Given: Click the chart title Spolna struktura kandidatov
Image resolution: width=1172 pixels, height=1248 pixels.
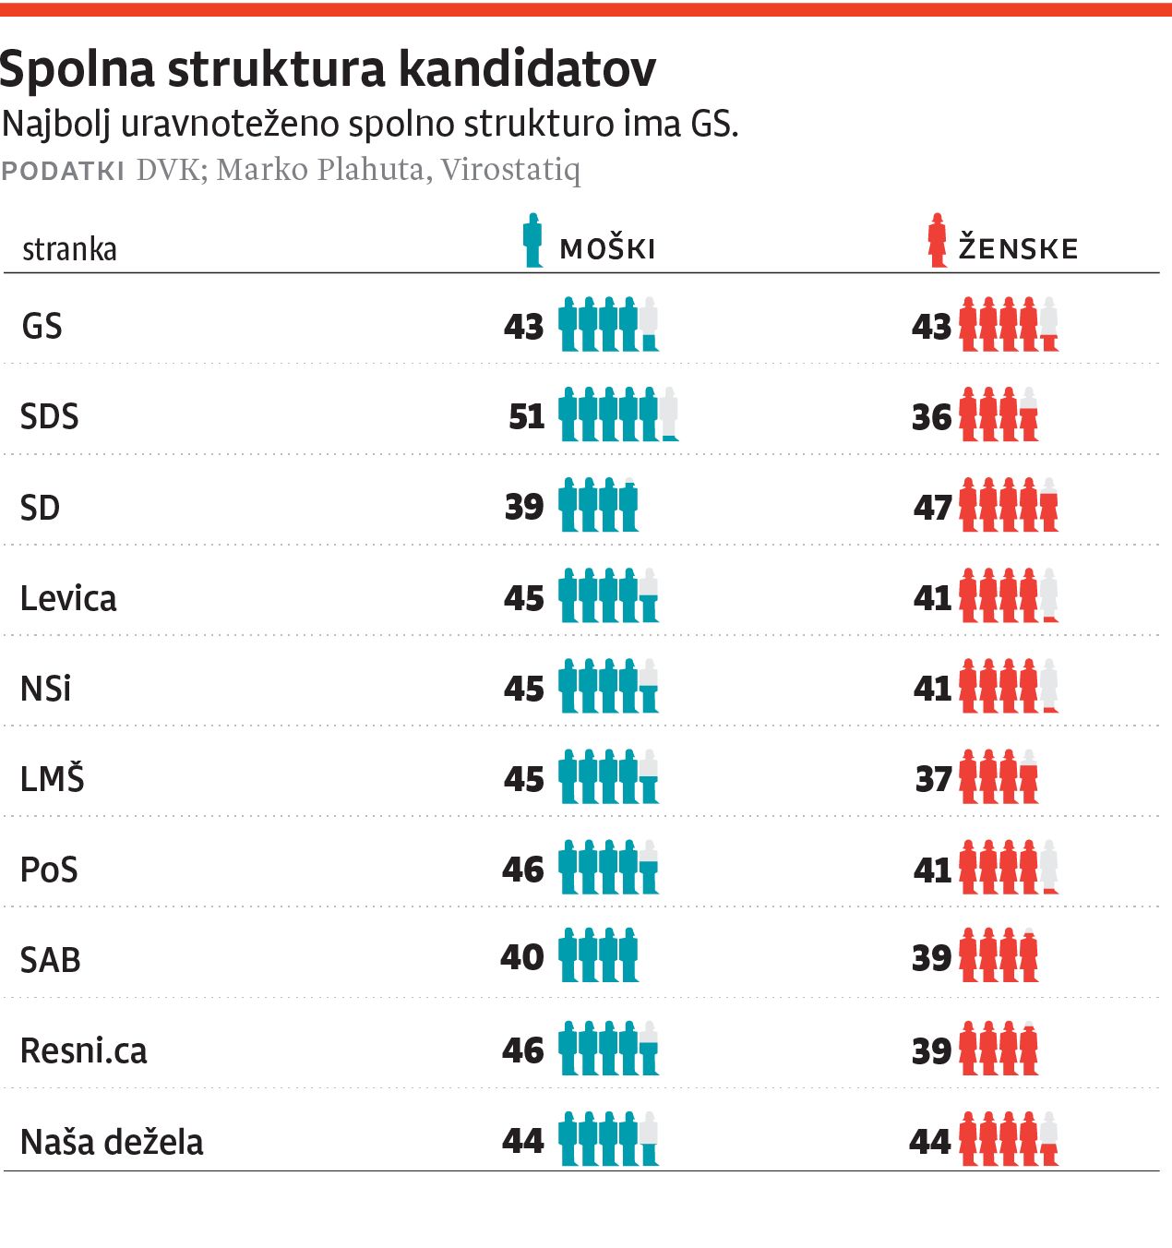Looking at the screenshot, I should pyautogui.click(x=329, y=68).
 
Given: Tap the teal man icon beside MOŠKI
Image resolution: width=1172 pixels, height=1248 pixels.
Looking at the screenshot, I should pyautogui.click(x=532, y=241).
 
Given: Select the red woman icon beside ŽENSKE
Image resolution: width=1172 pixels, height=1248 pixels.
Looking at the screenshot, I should pyautogui.click(x=938, y=241).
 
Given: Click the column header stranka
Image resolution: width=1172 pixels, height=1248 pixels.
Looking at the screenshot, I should pyautogui.click(x=69, y=249).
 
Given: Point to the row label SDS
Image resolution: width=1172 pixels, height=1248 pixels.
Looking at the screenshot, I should pyautogui.click(x=50, y=416).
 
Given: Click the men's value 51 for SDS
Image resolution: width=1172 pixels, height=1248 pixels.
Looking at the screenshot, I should pyautogui.click(x=527, y=416).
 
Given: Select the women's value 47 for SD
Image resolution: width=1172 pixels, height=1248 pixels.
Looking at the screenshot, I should pyautogui.click(x=932, y=507).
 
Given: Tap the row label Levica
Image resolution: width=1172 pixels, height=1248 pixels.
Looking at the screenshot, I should pyautogui.click(x=68, y=598).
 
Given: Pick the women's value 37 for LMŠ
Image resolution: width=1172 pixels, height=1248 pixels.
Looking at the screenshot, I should pyautogui.click(x=933, y=779).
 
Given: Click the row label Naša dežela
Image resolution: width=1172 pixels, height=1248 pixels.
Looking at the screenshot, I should pyautogui.click(x=112, y=1142).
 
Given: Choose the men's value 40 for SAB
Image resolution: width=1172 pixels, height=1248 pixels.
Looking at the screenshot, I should pyautogui.click(x=522, y=956).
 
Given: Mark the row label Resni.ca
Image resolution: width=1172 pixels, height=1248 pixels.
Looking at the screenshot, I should pyautogui.click(x=84, y=1050).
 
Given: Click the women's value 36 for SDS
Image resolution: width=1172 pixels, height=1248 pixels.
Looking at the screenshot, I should pyautogui.click(x=931, y=417).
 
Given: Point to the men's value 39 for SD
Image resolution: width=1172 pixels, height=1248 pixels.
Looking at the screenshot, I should pyautogui.click(x=524, y=507).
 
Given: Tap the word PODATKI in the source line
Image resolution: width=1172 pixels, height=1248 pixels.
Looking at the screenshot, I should pyautogui.click(x=63, y=171).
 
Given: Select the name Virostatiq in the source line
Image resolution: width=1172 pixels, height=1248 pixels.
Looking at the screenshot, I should pyautogui.click(x=510, y=170).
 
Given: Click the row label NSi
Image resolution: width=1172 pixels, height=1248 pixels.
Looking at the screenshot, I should pyautogui.click(x=46, y=689).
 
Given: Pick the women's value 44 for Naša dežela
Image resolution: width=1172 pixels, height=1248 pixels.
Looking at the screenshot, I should pyautogui.click(x=930, y=1142).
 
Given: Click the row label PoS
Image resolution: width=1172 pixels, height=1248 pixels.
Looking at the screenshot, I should pyautogui.click(x=49, y=870).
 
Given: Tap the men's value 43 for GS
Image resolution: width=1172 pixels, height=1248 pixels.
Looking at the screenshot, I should pyautogui.click(x=524, y=326).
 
